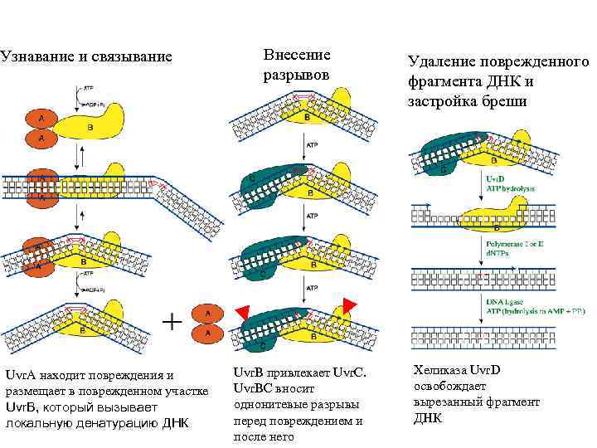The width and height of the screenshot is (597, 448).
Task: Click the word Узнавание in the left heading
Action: click(x=33, y=57)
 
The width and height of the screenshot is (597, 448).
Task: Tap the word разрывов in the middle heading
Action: click(x=296, y=75)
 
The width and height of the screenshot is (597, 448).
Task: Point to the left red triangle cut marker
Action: click(x=241, y=311)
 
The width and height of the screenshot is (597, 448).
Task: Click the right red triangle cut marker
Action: click(x=349, y=304)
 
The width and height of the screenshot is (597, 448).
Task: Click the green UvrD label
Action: click(x=492, y=178)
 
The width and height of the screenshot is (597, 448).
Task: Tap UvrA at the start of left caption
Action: click(x=20, y=375)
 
